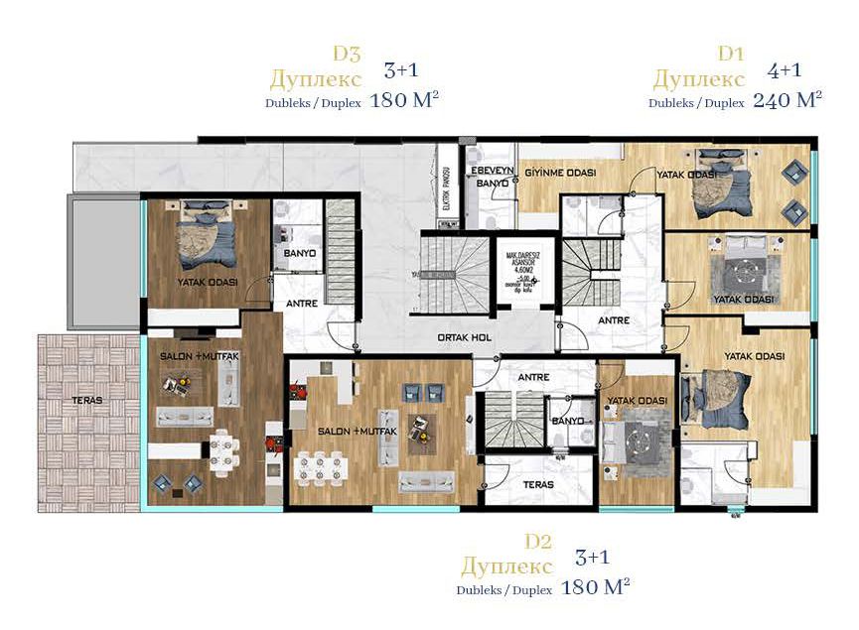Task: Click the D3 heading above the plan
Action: (348, 54)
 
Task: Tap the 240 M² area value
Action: (787, 100)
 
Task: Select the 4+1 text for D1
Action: (785, 70)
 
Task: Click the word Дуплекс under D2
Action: (506, 567)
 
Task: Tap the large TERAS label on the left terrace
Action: (87, 403)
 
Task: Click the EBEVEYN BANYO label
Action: (493, 177)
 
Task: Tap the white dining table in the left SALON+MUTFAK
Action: (223, 452)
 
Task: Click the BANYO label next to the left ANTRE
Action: (299, 253)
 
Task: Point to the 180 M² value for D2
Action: (596, 587)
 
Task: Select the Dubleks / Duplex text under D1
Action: (696, 102)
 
